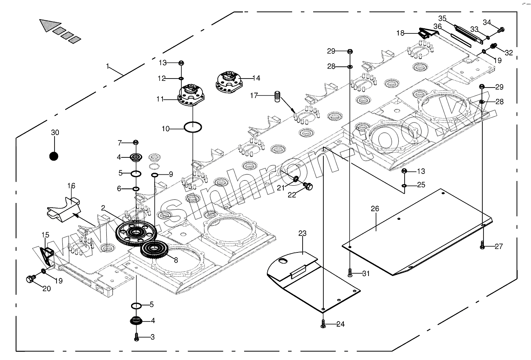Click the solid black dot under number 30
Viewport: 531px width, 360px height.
click(x=54, y=156)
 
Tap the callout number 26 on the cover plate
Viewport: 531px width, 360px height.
click(x=375, y=209)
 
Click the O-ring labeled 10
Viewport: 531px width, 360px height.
click(x=193, y=128)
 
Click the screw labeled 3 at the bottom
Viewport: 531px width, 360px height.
click(x=137, y=337)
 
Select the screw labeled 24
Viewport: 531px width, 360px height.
click(x=323, y=324)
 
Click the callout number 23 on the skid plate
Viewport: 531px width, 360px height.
click(x=302, y=233)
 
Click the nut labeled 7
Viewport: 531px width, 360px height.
click(x=136, y=142)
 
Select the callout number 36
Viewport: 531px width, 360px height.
click(x=438, y=26)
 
